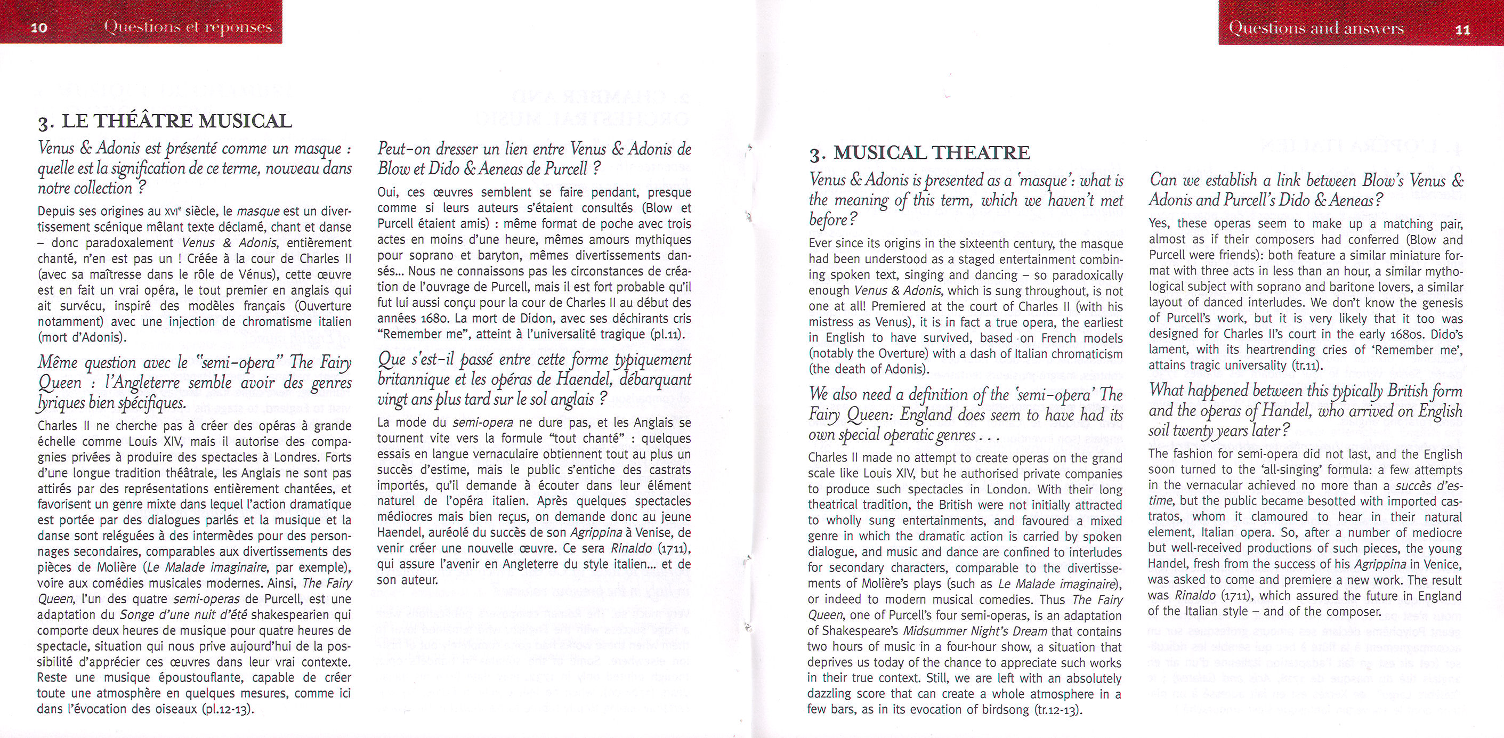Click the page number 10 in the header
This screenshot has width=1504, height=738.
[x=38, y=27]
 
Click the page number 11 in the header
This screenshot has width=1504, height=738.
[x=1462, y=29]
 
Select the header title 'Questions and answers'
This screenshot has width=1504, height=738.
[x=1316, y=27]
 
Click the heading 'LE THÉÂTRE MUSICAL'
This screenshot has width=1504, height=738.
[x=176, y=121]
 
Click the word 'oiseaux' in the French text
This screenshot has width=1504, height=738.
[x=175, y=709]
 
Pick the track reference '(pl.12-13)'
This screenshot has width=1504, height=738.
[x=228, y=709]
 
